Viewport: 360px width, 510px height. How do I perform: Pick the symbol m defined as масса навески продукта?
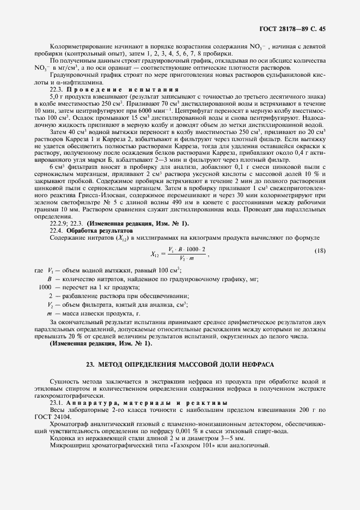49,314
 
